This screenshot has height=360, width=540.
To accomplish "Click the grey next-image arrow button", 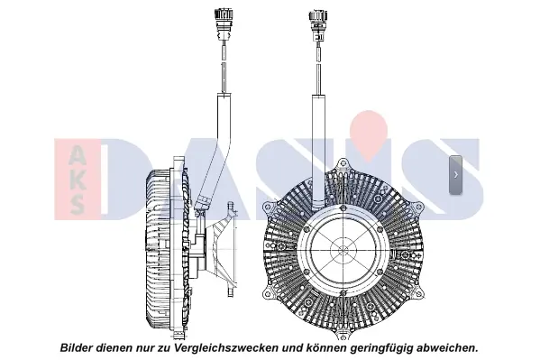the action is pyautogui.click(x=455, y=175).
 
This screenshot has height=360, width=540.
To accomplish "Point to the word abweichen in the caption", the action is pyautogui.click(x=445, y=346).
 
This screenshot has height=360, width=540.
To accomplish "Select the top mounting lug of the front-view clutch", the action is pyautogui.click(x=343, y=165).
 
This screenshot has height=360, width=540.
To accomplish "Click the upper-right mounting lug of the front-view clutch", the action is pyautogui.click(x=417, y=208).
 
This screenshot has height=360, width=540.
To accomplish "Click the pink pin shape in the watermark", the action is pyautogui.click(x=369, y=135).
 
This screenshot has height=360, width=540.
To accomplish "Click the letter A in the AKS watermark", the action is pyautogui.click(x=77, y=153).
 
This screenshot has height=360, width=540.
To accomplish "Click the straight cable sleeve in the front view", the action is pyautogui.click(x=318, y=152).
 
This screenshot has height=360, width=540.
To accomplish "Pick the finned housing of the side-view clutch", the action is pyautogui.click(x=159, y=249).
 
